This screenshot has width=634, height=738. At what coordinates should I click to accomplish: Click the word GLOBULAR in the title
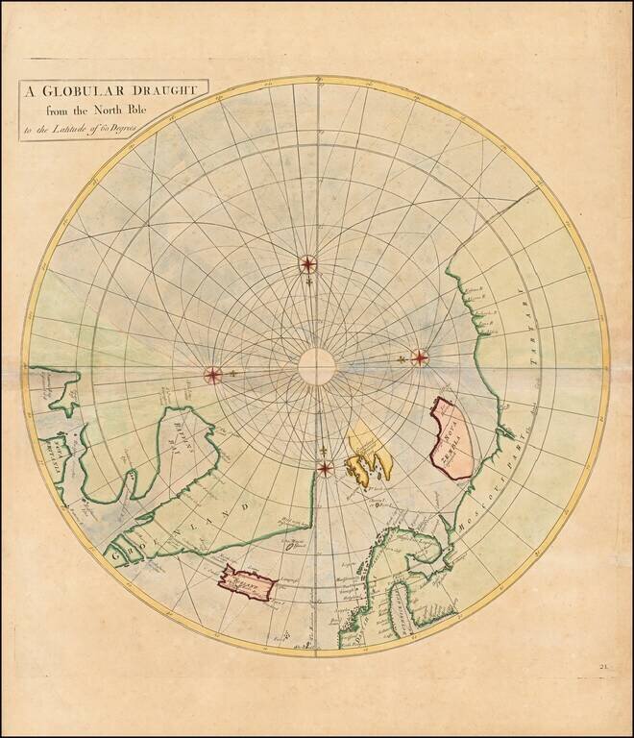tap(82, 91)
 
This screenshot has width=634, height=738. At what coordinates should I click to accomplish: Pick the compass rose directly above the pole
tap(307, 263)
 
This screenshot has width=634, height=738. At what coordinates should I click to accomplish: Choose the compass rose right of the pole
tap(420, 357)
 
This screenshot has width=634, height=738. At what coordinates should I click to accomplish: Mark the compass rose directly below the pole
tap(326, 468)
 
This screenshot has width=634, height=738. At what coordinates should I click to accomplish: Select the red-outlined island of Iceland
tap(247, 581)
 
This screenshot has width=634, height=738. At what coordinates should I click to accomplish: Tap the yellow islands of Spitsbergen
tap(369, 456)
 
